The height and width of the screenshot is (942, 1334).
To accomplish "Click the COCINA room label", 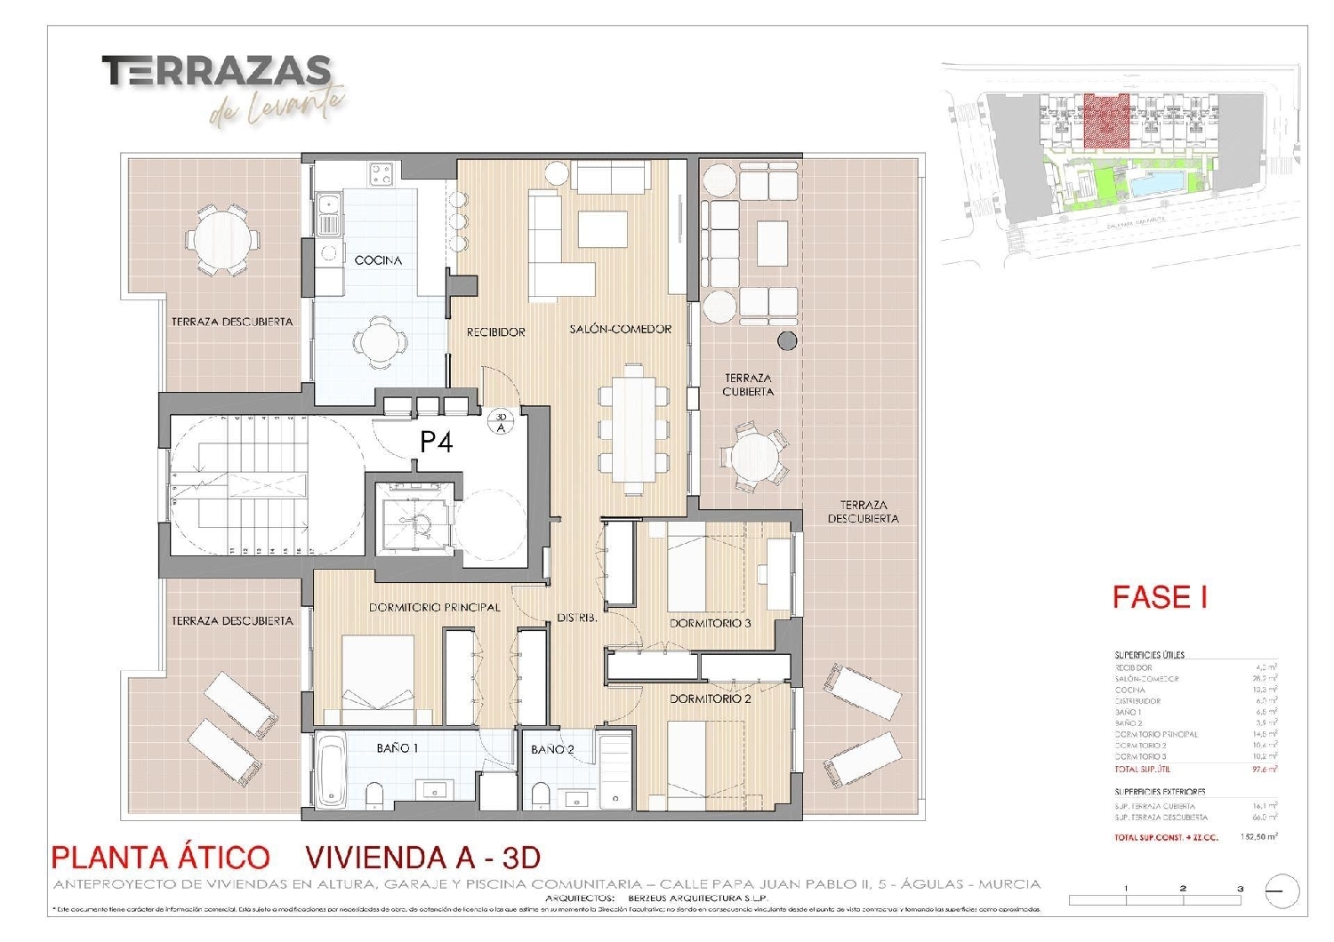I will click(x=378, y=260).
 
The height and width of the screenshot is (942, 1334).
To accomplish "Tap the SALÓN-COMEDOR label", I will click(x=620, y=330).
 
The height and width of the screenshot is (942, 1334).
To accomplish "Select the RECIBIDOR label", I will click(x=496, y=331).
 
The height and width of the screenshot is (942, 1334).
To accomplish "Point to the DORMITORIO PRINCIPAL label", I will click(x=434, y=608).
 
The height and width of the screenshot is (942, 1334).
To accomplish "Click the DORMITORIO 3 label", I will click(x=710, y=623).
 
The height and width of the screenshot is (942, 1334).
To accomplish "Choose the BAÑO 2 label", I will click(x=552, y=750).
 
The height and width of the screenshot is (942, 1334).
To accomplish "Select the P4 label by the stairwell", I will click(x=436, y=442).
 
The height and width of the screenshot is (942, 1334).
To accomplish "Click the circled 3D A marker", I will click(x=501, y=421).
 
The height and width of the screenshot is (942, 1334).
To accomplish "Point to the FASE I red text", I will click(x=1160, y=597).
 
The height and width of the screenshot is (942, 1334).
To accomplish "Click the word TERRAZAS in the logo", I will click(x=216, y=71).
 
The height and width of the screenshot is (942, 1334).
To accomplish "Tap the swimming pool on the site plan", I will click(x=1159, y=186).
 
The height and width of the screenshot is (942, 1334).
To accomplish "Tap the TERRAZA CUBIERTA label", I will click(x=748, y=385).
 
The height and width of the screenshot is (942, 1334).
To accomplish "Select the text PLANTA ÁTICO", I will click(x=160, y=857).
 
